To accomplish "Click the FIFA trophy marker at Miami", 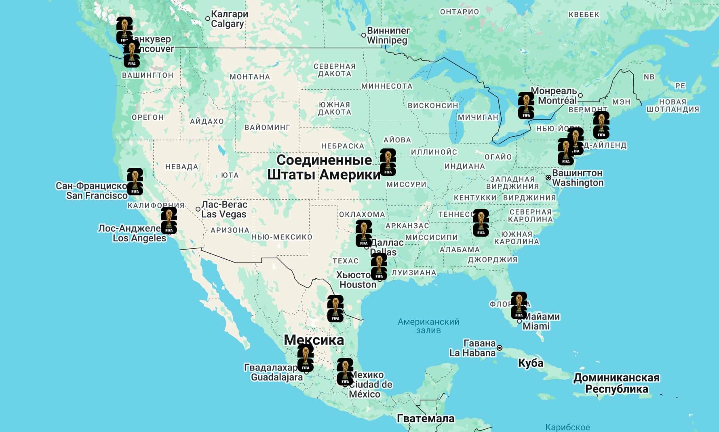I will [x=519, y=306].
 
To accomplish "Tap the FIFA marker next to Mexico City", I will [x=345, y=372].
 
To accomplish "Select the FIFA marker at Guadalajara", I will [x=306, y=358].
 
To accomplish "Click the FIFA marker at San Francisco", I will [x=135, y=182].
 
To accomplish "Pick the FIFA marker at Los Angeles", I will [x=169, y=220].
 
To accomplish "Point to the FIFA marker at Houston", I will [x=379, y=267].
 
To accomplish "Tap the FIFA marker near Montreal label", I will [x=526, y=106].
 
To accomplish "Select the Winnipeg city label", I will [x=388, y=36].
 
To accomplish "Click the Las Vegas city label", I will [x=224, y=210].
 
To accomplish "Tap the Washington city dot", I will [x=548, y=178].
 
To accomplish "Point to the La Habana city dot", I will [x=500, y=348].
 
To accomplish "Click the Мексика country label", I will [x=314, y=340].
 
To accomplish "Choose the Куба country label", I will [x=530, y=363].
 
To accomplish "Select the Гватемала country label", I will [x=426, y=418].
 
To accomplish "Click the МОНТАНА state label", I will [x=249, y=77].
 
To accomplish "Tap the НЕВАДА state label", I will [x=181, y=167].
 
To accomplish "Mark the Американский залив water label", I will [x=428, y=326].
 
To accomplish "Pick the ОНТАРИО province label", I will [x=459, y=12].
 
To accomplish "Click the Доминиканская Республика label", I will [x=616, y=383].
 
